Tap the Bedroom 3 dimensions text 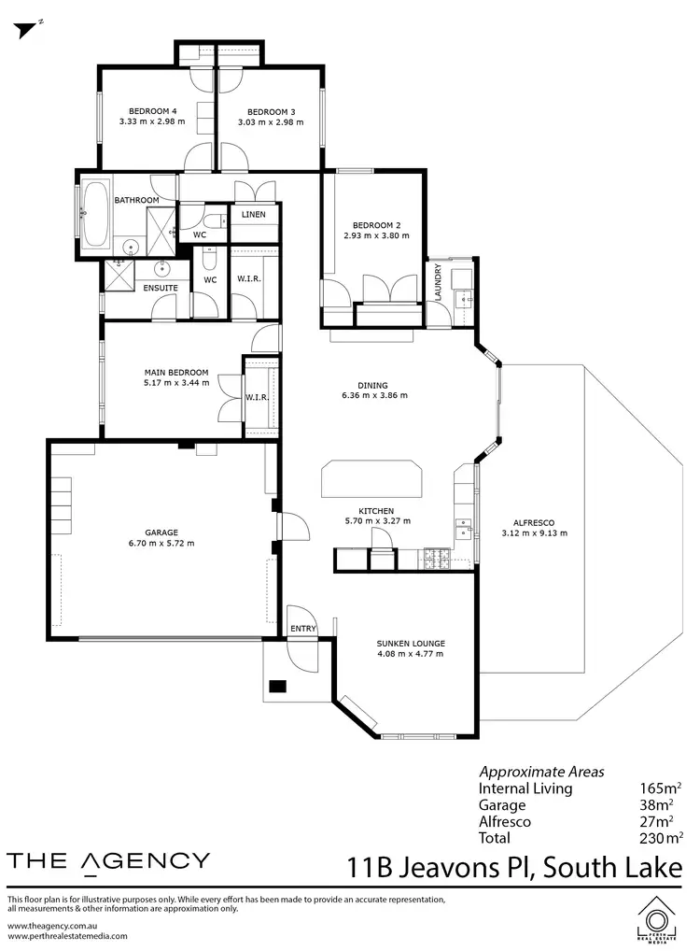click(270, 121)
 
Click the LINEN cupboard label click(253, 215)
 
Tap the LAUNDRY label click(437, 282)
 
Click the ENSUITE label click(160, 288)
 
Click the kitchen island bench click(371, 479)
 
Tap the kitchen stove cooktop click(437, 559)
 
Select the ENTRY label click(302, 629)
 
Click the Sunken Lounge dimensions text click(410, 654)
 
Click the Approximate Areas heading click(541, 772)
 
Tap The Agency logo click(108, 861)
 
